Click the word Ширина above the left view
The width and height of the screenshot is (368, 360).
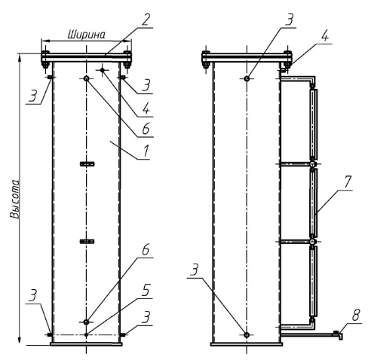tap(87, 35)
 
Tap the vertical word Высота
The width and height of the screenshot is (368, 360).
tap(15, 199)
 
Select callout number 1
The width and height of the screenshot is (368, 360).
tap(146, 151)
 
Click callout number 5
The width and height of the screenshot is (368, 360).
tap(146, 291)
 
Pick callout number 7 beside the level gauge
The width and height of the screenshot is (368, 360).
tap(348, 182)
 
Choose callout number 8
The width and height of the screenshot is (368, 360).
tap(356, 316)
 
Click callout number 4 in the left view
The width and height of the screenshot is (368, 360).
tap(146, 109)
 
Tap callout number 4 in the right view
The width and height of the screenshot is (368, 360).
tap(324, 36)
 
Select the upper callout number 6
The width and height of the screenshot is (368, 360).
tap(146, 129)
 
